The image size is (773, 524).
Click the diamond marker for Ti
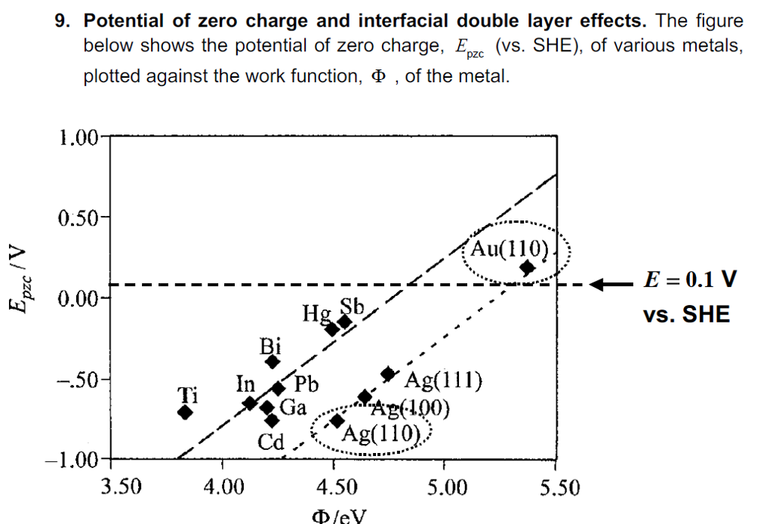(185, 412)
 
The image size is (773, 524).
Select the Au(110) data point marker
(527, 267)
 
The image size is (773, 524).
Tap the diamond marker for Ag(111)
(388, 374)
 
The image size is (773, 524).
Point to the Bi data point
(273, 361)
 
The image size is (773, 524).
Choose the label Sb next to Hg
(352, 307)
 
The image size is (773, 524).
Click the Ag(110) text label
(380, 434)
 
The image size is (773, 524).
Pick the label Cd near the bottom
(270, 442)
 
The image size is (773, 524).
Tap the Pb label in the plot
(306, 385)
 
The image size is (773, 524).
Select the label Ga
(293, 408)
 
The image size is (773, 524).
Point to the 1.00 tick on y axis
(78, 137)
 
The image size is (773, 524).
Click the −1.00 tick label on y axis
(74, 459)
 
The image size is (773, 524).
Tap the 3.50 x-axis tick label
(121, 487)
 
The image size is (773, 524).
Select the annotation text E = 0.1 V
(689, 279)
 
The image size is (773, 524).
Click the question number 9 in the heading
(63, 22)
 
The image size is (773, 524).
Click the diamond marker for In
(250, 402)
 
